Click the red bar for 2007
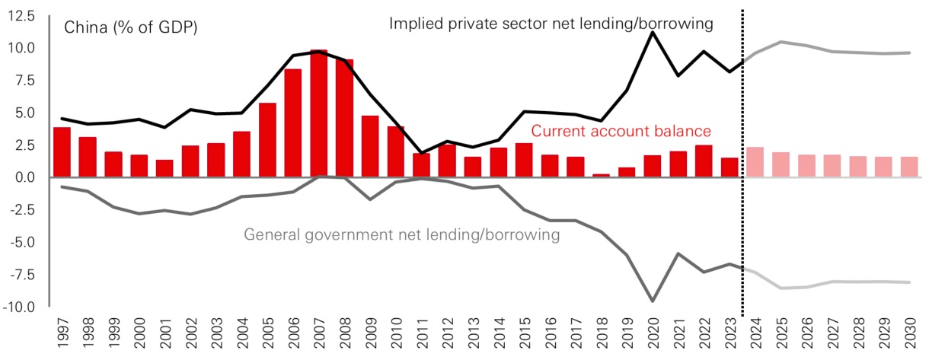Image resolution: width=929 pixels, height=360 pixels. (318, 114)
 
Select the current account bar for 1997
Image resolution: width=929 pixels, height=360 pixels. (62, 152)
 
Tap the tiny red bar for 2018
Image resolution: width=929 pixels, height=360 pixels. (601, 175)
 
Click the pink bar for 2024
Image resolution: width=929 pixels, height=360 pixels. (755, 162)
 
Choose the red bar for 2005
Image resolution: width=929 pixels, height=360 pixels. (267, 140)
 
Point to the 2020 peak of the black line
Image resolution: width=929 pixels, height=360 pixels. (652, 33)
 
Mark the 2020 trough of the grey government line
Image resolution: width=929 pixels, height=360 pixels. (652, 301)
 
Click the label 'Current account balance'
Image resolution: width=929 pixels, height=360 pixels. (621, 131)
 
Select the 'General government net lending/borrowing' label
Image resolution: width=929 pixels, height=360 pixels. (402, 235)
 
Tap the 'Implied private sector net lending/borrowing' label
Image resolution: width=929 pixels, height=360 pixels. (551, 24)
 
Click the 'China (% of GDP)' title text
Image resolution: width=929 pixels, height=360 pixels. (130, 29)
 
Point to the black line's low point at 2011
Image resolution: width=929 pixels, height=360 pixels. (421, 153)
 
